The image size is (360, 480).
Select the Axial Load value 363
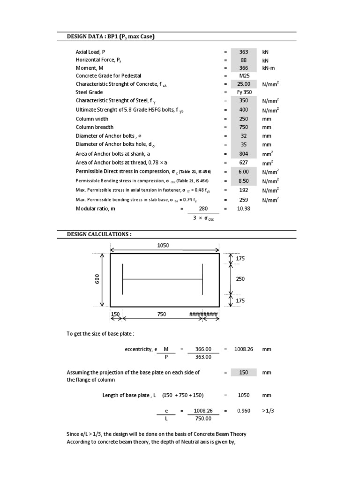tap(244, 52)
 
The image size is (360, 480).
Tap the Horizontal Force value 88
tap(244, 60)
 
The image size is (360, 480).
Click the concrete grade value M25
tap(244, 75)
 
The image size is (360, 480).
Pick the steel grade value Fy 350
tap(244, 92)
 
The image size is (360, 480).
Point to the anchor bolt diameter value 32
tap(244, 136)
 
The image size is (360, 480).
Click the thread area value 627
tap(244, 163)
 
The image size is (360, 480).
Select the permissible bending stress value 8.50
tap(244, 181)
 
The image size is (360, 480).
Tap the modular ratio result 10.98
tap(244, 209)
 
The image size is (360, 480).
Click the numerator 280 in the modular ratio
tap(203, 209)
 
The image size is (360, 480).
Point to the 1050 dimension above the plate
tap(163, 245)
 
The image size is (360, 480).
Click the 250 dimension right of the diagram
tap(241, 279)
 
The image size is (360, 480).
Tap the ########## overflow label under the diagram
tap(203, 315)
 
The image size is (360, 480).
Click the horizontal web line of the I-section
tap(163, 280)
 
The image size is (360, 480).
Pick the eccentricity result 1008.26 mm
tap(244, 349)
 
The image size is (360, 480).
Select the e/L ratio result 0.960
tap(244, 411)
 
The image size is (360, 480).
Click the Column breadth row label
tap(95, 127)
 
